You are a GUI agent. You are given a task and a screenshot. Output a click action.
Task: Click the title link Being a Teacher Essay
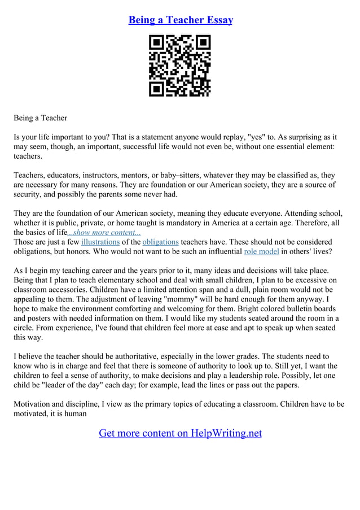pyautogui.click(x=180, y=20)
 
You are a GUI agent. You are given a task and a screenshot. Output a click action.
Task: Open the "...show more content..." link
pyautogui.click(x=104, y=233)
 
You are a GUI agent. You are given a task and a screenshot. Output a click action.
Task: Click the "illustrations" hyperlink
pyautogui.click(x=100, y=242)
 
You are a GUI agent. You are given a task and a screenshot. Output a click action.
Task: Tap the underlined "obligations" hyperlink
pyautogui.click(x=160, y=242)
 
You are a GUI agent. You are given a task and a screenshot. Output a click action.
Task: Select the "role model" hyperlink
pyautogui.click(x=261, y=252)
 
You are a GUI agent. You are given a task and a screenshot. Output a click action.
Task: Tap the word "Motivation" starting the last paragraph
pyautogui.click(x=33, y=404)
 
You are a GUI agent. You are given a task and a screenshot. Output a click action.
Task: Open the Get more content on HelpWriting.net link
pyautogui.click(x=180, y=433)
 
